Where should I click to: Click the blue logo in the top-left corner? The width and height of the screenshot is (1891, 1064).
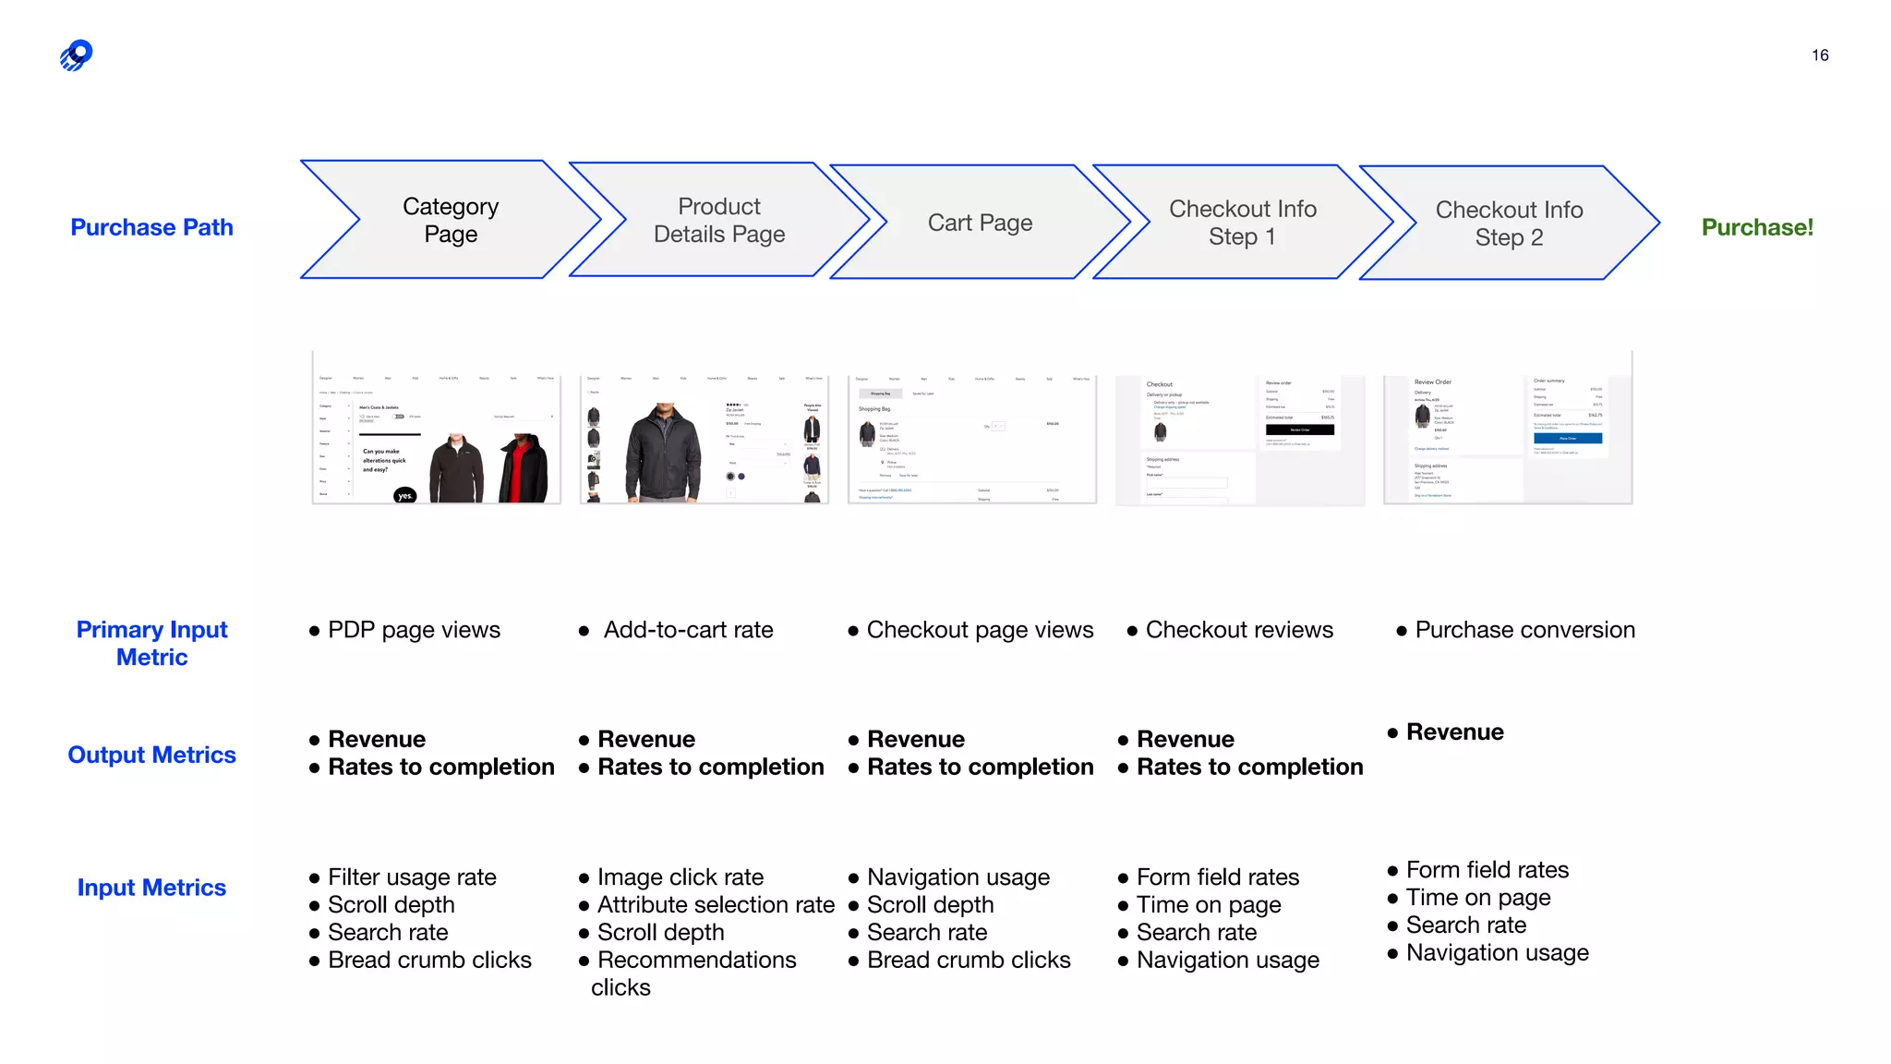tap(77, 55)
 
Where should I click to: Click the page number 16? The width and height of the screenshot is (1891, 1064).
tap(1820, 55)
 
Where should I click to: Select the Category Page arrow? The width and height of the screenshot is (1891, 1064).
tap(451, 220)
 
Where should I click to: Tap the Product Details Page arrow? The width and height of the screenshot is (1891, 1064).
tap(719, 220)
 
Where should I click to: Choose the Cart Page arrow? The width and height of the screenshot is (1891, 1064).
tap(980, 223)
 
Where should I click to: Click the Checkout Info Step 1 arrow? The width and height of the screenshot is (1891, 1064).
tap(1243, 223)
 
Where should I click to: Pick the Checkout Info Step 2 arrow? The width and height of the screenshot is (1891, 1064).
tap(1509, 224)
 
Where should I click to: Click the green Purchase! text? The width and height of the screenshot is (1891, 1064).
tap(1757, 227)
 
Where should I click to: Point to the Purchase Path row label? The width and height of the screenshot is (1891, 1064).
tap(152, 227)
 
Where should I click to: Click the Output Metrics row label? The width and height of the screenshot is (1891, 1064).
tap(152, 755)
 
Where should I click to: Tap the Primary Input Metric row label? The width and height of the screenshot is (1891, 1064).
tap(152, 643)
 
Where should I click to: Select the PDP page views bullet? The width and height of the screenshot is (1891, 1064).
tap(414, 630)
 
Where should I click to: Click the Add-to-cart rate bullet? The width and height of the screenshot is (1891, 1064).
tap(688, 630)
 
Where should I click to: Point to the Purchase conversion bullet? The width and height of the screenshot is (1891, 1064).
tap(1524, 630)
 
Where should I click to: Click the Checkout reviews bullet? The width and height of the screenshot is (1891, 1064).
tap(1239, 630)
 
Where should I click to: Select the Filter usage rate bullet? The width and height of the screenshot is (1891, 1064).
tap(412, 877)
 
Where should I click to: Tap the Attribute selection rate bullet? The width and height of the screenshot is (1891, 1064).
tap(716, 904)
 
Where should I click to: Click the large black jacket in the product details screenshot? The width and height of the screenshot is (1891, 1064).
tap(663, 453)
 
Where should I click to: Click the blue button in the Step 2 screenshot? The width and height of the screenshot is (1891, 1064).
tap(1568, 438)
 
